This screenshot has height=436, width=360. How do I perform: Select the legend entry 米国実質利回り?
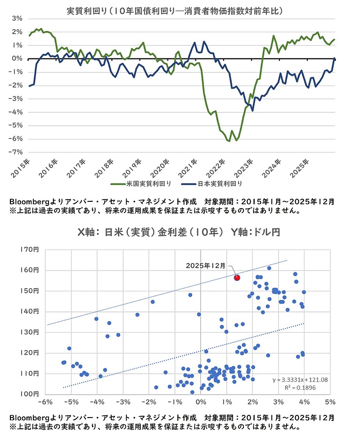(144, 184)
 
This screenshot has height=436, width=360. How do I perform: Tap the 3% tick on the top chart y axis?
(18, 18)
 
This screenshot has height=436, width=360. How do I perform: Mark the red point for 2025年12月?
(237, 278)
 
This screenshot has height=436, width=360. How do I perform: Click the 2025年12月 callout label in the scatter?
(207, 266)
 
